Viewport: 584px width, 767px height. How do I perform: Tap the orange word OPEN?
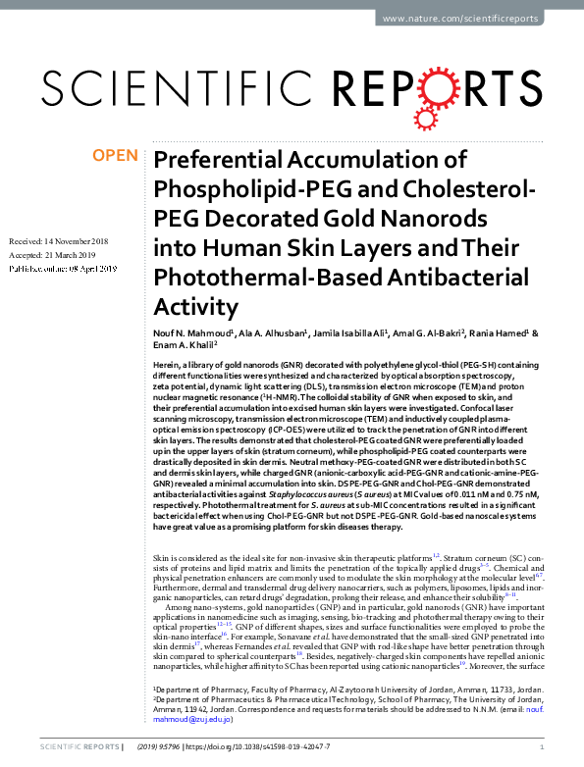coord(115,156)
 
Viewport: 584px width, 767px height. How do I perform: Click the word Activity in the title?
coord(196,305)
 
